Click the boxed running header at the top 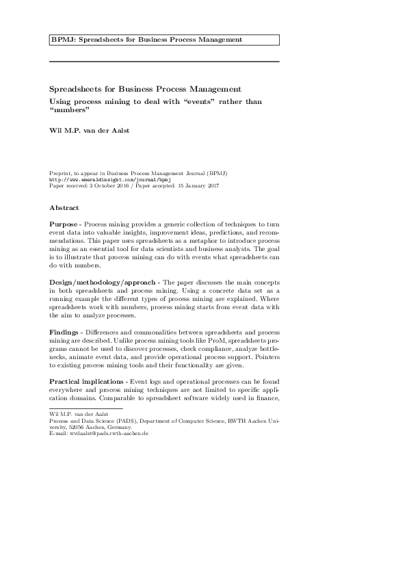point(164,40)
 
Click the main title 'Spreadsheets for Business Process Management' point(145,89)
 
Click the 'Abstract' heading point(64,208)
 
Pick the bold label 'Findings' point(65,331)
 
